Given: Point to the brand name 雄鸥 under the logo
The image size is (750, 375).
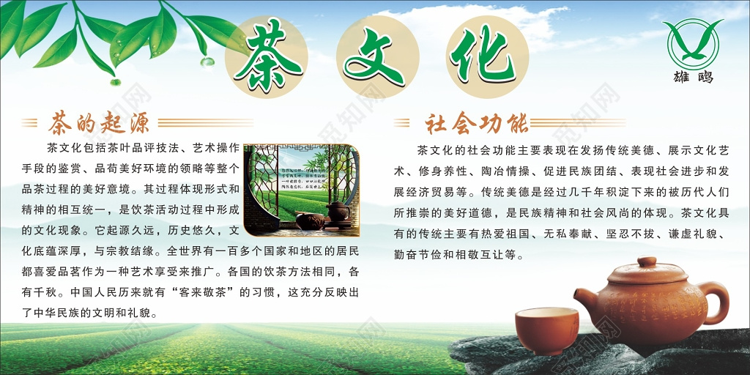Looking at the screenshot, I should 693,78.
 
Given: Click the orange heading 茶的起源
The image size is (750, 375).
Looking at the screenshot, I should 98,122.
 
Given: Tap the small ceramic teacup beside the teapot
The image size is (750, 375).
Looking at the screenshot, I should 546,329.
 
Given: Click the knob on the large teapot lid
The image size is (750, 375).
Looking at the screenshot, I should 647,261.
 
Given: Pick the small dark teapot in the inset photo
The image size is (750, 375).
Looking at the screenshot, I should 338,212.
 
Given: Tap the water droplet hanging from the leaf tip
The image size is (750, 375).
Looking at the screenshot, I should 208,62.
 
